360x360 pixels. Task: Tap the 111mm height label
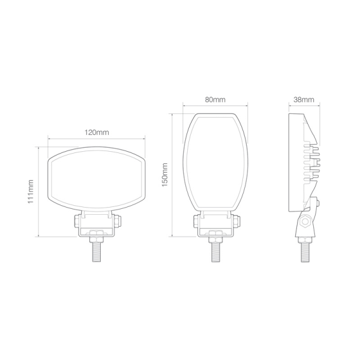[x=31, y=191]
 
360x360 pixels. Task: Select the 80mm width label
[x=215, y=100]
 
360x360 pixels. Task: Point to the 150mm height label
[x=165, y=174]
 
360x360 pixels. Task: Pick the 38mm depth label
[x=304, y=100]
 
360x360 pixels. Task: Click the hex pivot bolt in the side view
[x=305, y=222]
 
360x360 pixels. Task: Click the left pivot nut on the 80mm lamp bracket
[x=195, y=221]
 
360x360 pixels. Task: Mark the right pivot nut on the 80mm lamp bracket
[x=235, y=221]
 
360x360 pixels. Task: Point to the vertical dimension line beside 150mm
[x=173, y=174]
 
